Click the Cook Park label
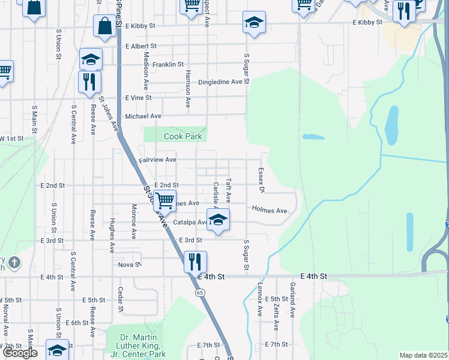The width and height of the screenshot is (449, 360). tap(183, 137)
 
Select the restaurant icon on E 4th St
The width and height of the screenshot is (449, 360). tap(195, 262)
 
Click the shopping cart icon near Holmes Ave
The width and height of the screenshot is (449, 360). tap(164, 201)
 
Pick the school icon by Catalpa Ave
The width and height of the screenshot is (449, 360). tap(218, 220)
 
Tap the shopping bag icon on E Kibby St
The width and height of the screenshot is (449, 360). tap(105, 26)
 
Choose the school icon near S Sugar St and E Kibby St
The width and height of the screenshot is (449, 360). tap(254, 23)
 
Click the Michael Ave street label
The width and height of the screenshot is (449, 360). tap(143, 116)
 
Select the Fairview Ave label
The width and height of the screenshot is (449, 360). tap(158, 160)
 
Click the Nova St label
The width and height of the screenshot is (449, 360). tap(129, 264)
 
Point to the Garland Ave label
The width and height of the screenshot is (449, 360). tap(292, 301)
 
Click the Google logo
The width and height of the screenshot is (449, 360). tap(20, 353)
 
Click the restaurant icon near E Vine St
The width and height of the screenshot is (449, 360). tap(89, 82)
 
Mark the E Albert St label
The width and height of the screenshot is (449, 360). tap(141, 46)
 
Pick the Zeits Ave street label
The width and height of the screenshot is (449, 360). tap(276, 317)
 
